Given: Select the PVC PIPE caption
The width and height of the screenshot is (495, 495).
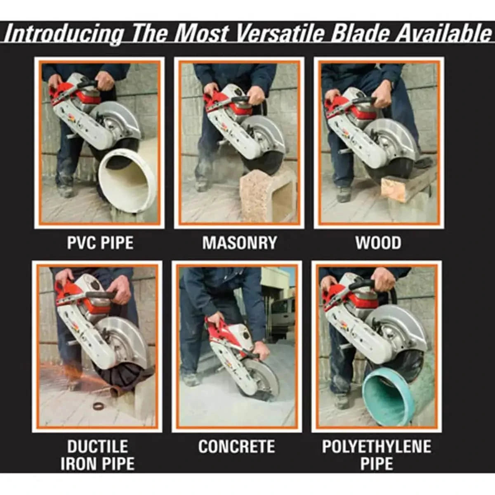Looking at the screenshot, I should tap(100, 243).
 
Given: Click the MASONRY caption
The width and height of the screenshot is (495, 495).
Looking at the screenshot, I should tap(239, 243).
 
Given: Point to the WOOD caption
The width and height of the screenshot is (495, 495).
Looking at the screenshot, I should tap(378, 243).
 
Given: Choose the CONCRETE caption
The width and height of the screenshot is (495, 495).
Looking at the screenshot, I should tap(236, 446).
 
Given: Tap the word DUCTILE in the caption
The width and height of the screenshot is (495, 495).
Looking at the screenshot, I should tap(98, 446).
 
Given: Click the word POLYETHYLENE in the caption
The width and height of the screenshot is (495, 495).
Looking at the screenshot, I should tap(377, 446).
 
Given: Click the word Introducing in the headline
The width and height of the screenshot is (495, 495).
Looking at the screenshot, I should tap(64, 33).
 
